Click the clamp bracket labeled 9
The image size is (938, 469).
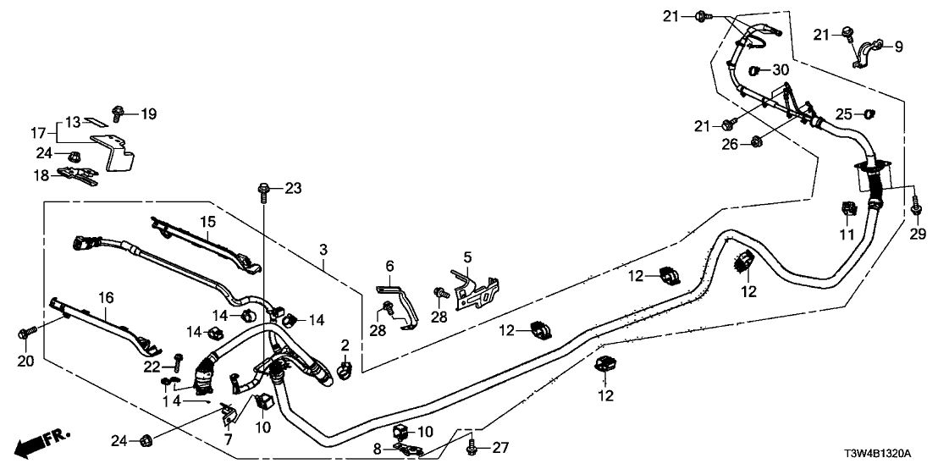[865, 53]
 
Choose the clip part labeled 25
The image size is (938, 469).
[868, 113]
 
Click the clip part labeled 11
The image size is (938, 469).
[847, 210]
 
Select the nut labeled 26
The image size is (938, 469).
[755, 143]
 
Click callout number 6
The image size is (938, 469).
[390, 266]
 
